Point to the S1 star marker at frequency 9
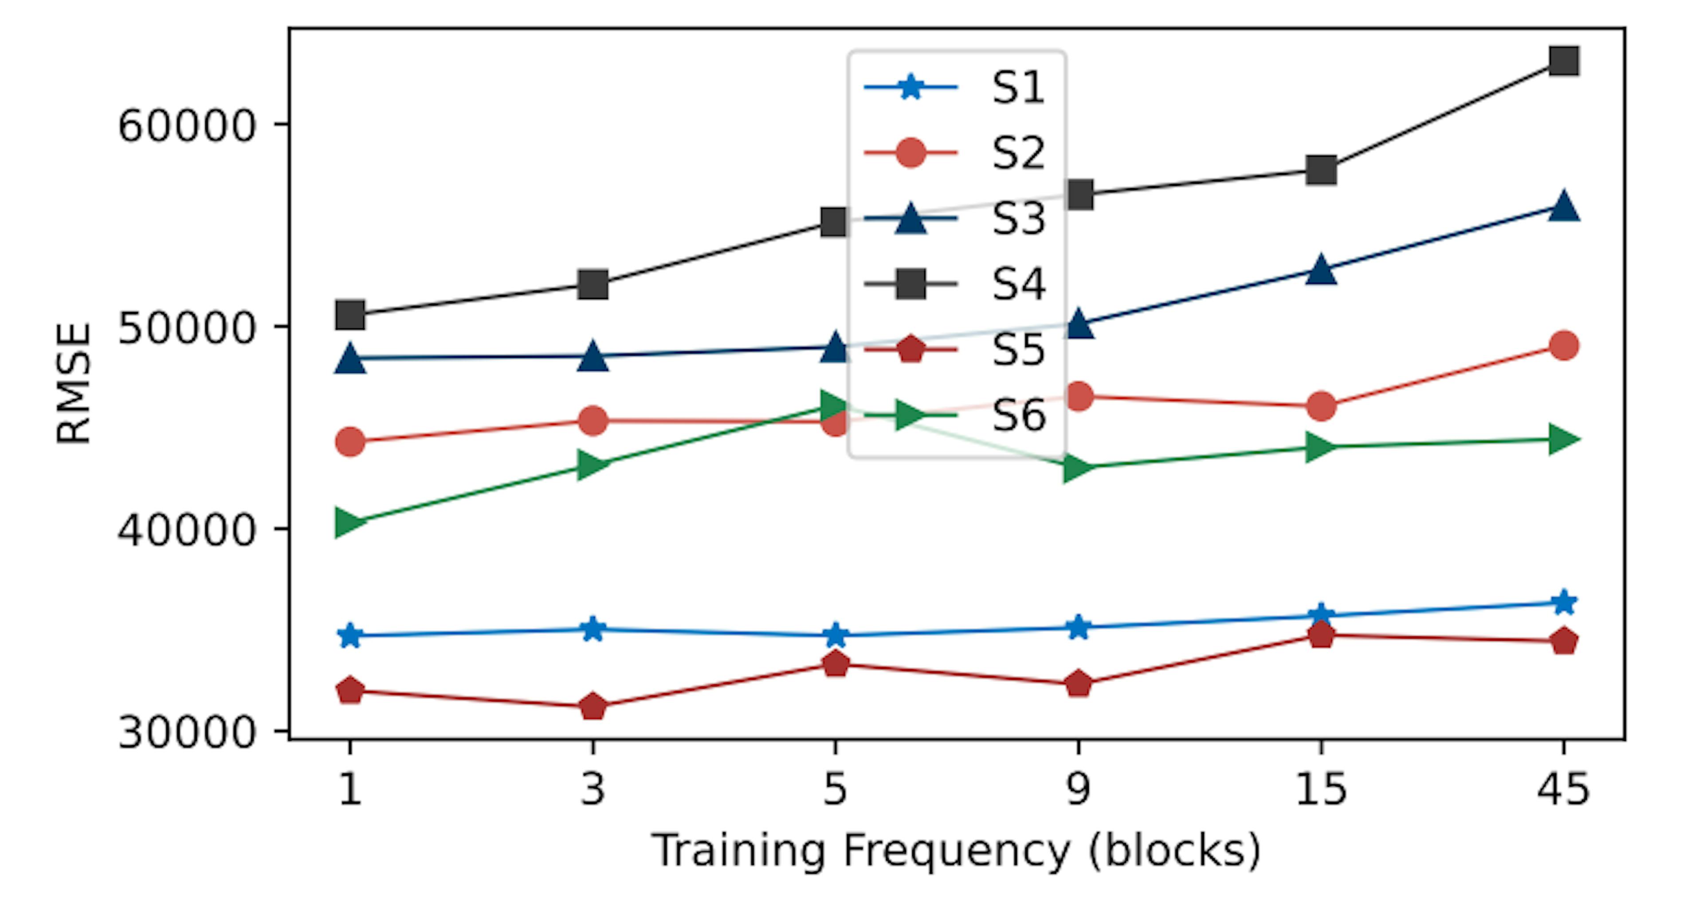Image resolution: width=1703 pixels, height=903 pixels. click(x=1078, y=627)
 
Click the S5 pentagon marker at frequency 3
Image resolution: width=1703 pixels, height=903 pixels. click(x=593, y=706)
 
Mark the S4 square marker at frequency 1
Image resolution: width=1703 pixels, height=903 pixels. click(x=350, y=315)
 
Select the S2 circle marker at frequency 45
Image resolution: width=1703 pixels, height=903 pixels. click(x=1563, y=345)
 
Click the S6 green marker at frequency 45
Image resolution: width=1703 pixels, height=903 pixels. click(x=1563, y=439)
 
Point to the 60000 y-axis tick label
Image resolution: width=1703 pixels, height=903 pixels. click(x=186, y=126)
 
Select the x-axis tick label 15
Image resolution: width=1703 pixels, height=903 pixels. click(x=1321, y=789)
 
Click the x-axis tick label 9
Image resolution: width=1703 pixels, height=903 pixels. click(x=1078, y=789)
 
